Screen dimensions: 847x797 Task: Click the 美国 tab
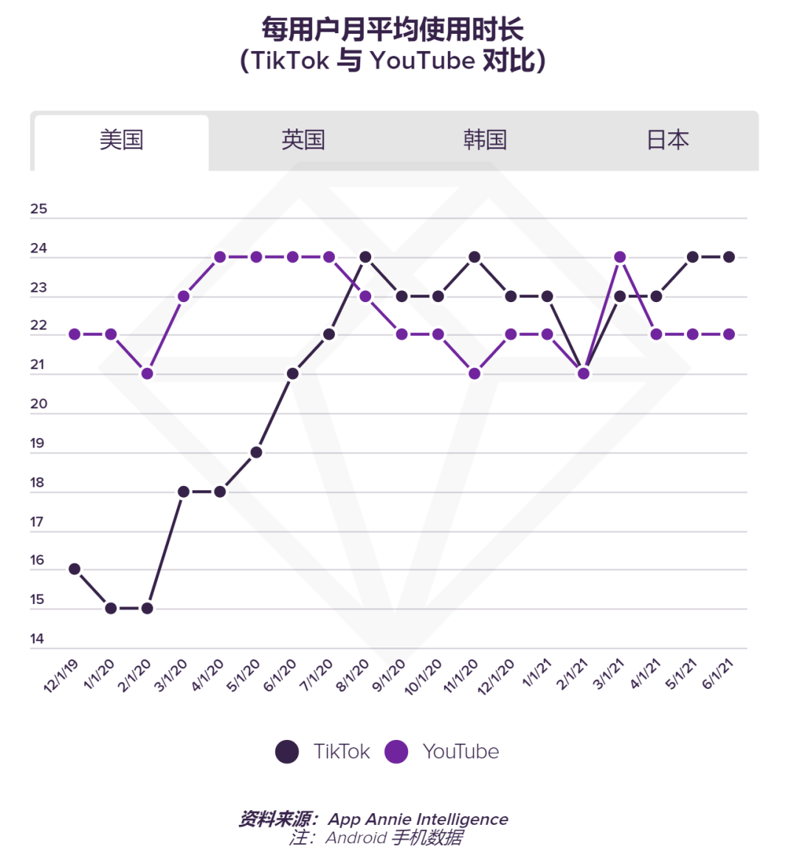tap(121, 140)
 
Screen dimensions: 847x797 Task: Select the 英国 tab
tap(303, 140)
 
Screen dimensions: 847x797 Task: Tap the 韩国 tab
tap(485, 140)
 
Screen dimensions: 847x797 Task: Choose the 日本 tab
tap(667, 140)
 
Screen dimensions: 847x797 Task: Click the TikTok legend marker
tap(287, 752)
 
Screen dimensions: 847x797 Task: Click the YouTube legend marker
tap(396, 752)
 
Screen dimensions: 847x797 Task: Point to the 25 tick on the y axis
tap(38, 209)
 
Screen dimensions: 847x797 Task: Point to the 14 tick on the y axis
tap(37, 639)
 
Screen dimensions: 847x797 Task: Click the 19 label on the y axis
tap(37, 443)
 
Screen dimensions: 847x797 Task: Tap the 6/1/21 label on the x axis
tap(717, 674)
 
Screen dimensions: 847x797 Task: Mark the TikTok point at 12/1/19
tap(75, 569)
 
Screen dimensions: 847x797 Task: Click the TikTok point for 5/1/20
tap(256, 452)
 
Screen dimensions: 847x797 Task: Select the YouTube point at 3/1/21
tap(620, 257)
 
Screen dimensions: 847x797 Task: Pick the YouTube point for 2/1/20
tap(147, 374)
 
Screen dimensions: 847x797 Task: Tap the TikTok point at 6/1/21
tap(729, 257)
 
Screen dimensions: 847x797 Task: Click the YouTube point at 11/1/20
tap(475, 374)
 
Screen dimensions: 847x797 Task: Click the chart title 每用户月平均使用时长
tap(393, 30)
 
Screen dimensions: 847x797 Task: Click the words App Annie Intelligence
tap(418, 819)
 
